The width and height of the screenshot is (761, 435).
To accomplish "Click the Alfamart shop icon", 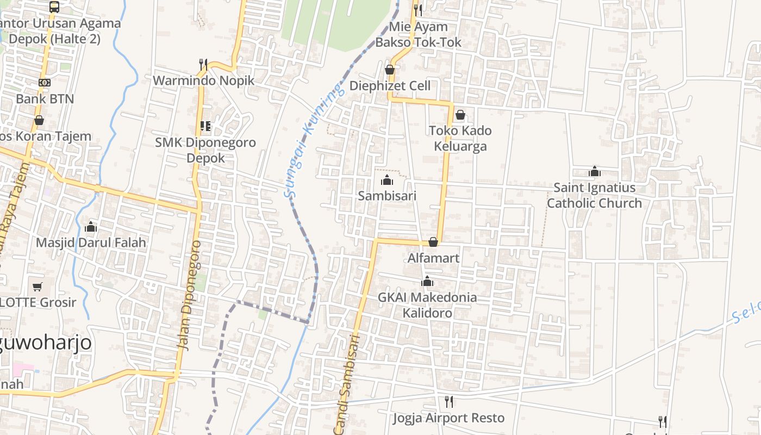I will pyautogui.click(x=433, y=242).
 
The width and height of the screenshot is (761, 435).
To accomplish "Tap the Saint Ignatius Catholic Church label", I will pyautogui.click(x=594, y=196).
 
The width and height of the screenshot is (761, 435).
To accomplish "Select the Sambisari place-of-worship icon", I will pyautogui.click(x=387, y=180).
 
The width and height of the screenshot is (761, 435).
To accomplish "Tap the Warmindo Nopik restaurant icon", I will pyautogui.click(x=203, y=65).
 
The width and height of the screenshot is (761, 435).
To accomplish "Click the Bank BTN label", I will pyautogui.click(x=45, y=99).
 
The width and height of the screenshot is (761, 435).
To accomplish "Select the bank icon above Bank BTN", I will pyautogui.click(x=45, y=83).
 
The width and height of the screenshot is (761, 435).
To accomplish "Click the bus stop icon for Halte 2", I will pyautogui.click(x=54, y=7).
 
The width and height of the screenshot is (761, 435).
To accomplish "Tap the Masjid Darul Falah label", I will pyautogui.click(x=91, y=243).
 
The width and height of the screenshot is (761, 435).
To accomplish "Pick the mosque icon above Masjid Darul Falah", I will pyautogui.click(x=91, y=226).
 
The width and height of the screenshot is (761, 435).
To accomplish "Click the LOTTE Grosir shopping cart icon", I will pyautogui.click(x=38, y=287).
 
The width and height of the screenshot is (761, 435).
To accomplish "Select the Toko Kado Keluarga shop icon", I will pyautogui.click(x=460, y=115).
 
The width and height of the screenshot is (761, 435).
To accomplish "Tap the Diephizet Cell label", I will pyautogui.click(x=390, y=86).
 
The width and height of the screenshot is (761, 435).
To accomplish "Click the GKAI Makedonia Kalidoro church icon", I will pyautogui.click(x=427, y=281).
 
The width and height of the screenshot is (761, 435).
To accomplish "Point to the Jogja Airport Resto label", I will pyautogui.click(x=449, y=418).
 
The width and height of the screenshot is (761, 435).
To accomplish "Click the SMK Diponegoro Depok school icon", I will pyautogui.click(x=205, y=126).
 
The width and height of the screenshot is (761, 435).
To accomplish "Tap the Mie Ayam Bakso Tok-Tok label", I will pyautogui.click(x=418, y=34).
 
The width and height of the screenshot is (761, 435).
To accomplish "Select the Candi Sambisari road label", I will pyautogui.click(x=348, y=383).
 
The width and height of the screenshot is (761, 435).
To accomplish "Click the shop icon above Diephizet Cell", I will pyautogui.click(x=390, y=70).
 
